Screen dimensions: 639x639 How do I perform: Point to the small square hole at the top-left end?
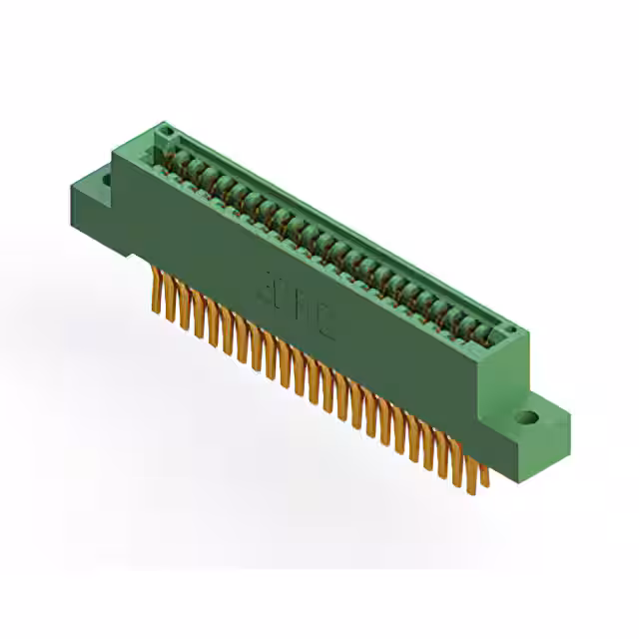(x=165, y=132)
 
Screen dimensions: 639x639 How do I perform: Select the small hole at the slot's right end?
(x=507, y=330)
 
